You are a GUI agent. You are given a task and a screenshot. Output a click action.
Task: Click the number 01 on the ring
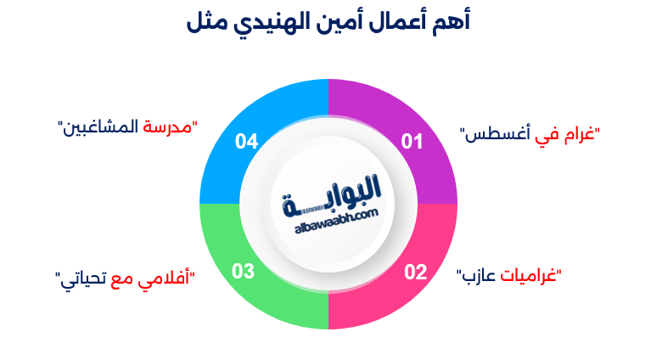click(x=412, y=142)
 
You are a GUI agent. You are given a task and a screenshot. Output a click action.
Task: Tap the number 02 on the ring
click(x=415, y=272)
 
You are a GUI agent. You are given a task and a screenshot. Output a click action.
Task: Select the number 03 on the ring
click(x=243, y=272)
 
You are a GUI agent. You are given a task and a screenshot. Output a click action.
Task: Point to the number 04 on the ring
click(x=247, y=142)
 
